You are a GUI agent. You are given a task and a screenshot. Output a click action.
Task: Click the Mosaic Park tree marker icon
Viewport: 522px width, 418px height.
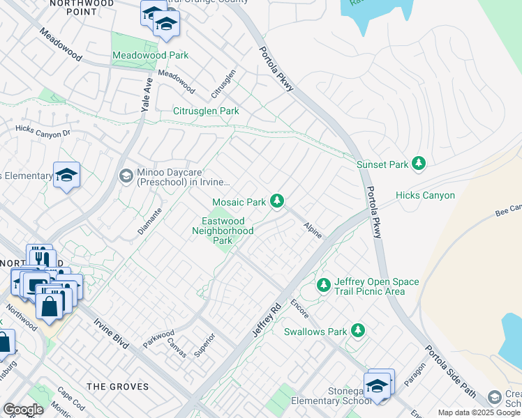pyautogui.click(x=278, y=201)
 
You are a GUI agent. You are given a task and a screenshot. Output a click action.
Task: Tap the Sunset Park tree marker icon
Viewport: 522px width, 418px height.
pyautogui.click(x=419, y=164)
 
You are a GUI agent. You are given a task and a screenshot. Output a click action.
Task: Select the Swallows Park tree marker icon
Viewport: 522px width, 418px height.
pyautogui.click(x=358, y=330)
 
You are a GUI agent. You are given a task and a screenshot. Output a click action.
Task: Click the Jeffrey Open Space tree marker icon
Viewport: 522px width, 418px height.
pyautogui.click(x=323, y=285)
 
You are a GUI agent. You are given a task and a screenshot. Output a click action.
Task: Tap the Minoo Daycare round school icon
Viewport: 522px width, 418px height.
pyautogui.click(x=126, y=175)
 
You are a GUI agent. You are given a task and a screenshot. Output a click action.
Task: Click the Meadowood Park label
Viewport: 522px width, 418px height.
pyautogui.click(x=141, y=55)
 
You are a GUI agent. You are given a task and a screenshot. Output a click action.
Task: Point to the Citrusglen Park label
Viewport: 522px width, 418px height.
pyautogui.click(x=206, y=111)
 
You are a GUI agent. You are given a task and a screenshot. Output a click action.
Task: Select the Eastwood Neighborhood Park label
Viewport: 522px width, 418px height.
pyautogui.click(x=223, y=231)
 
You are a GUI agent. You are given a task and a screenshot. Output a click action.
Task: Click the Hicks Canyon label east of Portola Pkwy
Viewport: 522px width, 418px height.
pyautogui.click(x=425, y=196)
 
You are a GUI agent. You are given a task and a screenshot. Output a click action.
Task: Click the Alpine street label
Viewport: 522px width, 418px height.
pyautogui.click(x=313, y=231)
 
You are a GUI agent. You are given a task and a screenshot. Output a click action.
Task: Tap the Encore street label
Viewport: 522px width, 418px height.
pyautogui.click(x=299, y=307)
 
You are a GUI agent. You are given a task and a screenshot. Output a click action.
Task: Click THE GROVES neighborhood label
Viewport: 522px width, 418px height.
pyautogui.click(x=117, y=387)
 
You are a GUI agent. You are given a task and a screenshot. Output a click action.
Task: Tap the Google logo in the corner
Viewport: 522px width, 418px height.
pyautogui.click(x=23, y=410)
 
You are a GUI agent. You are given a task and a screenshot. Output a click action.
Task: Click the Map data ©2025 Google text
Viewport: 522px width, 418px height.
pyautogui.click(x=479, y=412)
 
